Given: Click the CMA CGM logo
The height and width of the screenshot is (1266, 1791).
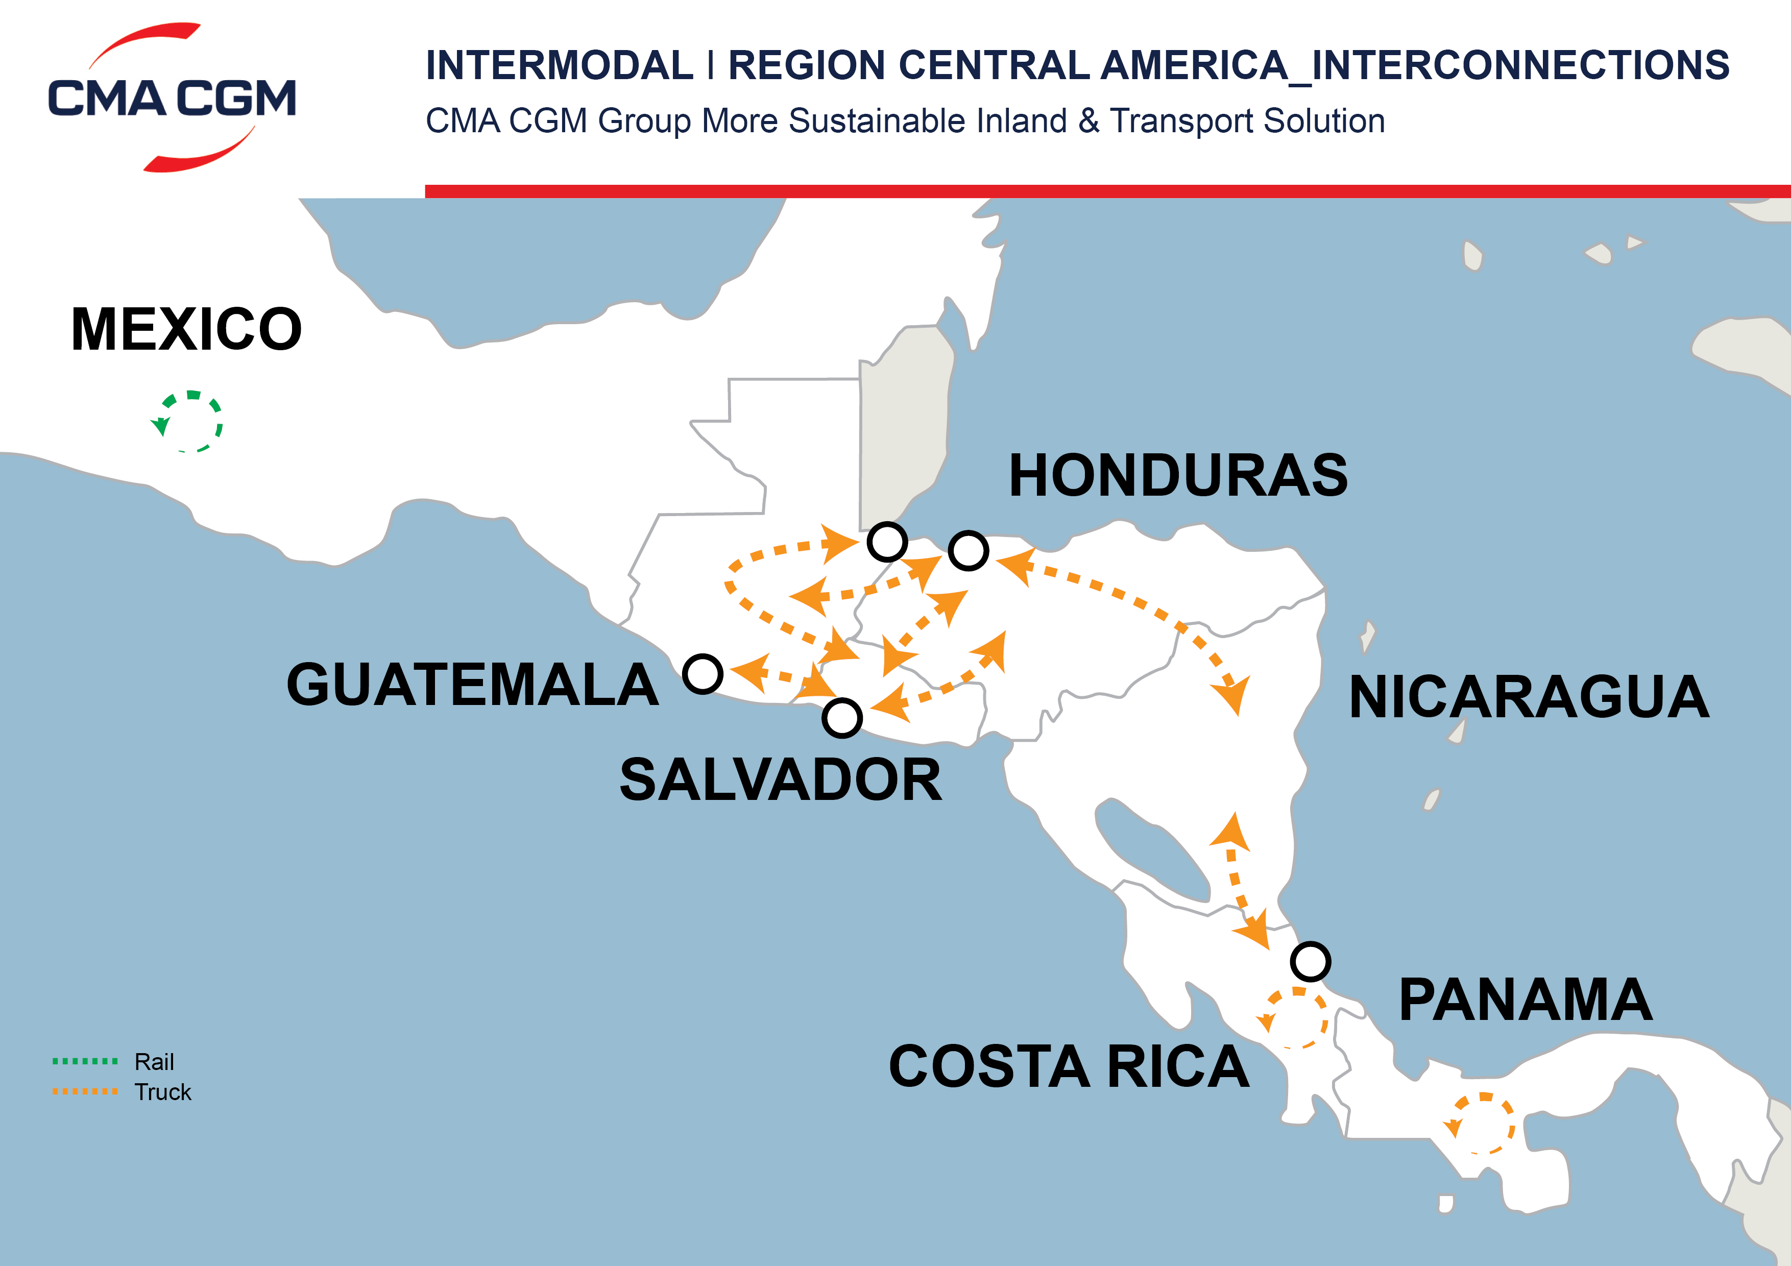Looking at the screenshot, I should click(172, 98).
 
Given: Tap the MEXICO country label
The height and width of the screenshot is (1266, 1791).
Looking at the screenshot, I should click(186, 329).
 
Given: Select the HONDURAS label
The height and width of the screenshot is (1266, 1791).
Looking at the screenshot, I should click(1178, 475).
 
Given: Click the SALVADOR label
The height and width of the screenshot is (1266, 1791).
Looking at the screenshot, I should click(781, 780).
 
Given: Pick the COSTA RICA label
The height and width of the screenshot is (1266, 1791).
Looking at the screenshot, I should click(1069, 1066).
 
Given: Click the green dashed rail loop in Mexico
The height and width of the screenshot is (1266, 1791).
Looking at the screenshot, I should click(189, 421).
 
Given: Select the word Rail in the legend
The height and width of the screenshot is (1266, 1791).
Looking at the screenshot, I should click(154, 1062).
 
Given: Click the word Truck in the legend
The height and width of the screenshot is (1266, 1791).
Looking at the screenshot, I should click(162, 1092).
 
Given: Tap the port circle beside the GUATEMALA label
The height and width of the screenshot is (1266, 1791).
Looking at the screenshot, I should click(702, 674).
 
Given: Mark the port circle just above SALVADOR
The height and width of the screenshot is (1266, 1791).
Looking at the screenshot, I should click(842, 718).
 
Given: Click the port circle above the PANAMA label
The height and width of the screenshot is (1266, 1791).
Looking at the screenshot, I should click(1311, 961).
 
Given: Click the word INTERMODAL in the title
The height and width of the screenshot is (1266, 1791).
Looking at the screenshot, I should click(559, 65).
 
